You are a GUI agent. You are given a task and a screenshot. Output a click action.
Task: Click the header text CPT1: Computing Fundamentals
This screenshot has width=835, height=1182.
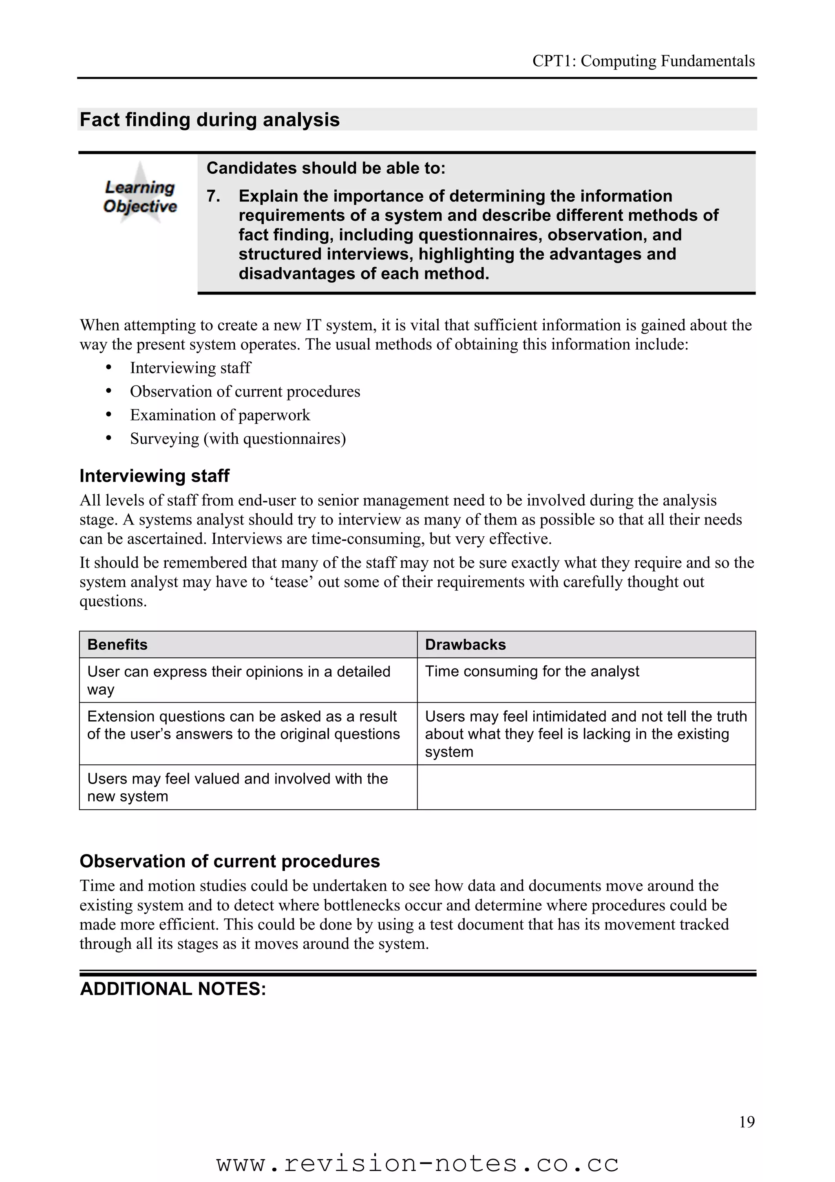[643, 61]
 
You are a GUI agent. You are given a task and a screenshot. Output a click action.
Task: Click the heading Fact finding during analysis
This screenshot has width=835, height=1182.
[210, 120]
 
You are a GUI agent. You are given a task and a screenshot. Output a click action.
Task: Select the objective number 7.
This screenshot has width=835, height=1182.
[213, 196]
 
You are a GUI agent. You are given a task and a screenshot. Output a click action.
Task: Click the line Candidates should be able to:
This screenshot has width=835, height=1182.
[326, 168]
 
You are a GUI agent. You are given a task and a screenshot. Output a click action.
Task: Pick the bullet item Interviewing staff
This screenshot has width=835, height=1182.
[190, 367]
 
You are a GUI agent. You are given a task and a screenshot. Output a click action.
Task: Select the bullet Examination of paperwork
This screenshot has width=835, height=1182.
[220, 415]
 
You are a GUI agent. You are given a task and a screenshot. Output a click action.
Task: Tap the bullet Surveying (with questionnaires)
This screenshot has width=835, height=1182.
[238, 438]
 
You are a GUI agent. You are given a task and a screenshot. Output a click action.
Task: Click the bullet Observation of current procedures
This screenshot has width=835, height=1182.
[245, 391]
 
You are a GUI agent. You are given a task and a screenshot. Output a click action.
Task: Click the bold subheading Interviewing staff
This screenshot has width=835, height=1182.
[155, 476]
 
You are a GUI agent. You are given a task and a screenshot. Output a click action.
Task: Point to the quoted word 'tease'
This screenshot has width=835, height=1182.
[292, 582]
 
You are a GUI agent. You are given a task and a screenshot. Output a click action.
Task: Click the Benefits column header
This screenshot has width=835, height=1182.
[117, 644]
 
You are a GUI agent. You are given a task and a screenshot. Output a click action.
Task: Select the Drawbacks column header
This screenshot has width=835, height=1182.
[465, 644]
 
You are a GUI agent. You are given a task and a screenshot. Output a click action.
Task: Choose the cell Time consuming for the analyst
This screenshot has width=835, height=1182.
[532, 671]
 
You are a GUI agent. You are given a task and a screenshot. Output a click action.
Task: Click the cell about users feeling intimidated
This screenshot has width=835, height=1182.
[585, 734]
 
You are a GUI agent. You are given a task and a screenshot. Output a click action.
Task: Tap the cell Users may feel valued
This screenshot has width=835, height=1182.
[237, 787]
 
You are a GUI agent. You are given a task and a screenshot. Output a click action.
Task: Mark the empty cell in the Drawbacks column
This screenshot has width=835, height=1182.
[585, 787]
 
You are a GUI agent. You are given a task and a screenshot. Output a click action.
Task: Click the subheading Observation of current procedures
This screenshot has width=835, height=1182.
[230, 861]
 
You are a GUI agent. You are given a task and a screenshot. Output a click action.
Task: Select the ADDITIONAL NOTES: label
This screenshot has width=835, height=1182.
[173, 989]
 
